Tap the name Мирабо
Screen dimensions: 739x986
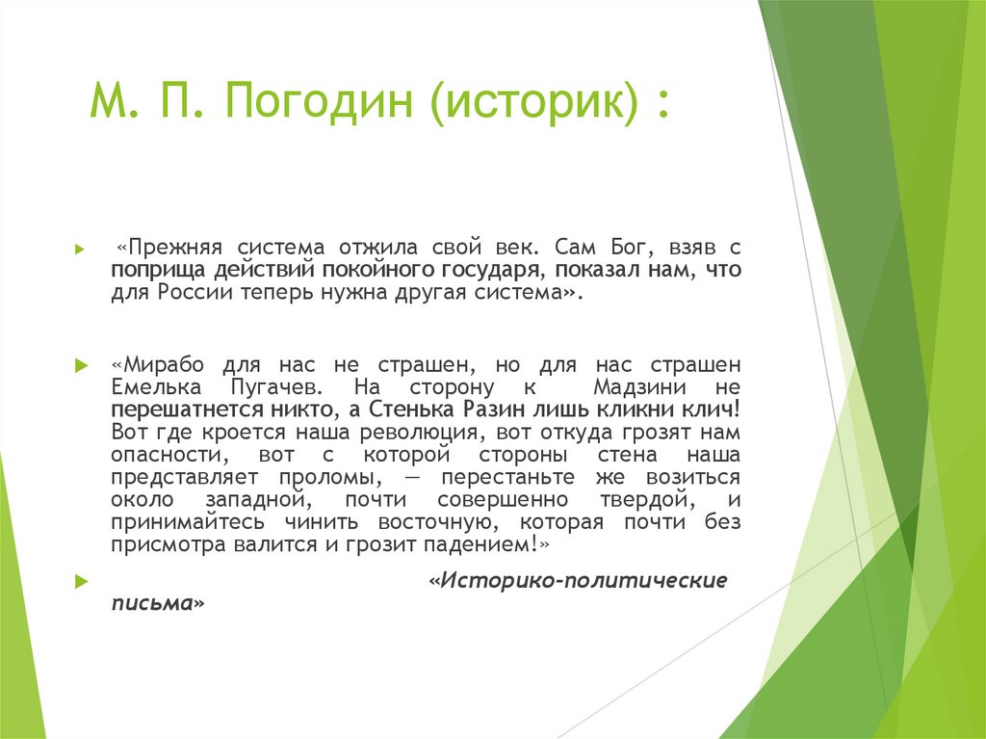pyautogui.click(x=163, y=366)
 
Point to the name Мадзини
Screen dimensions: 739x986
pyautogui.click(x=638, y=387)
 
